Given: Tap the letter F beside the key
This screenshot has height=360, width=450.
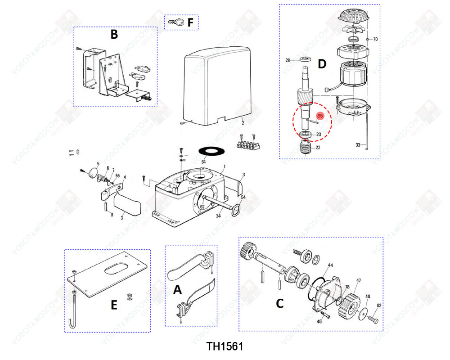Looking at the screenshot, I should (x=190, y=22).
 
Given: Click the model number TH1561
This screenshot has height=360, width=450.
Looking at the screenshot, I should (x=225, y=346).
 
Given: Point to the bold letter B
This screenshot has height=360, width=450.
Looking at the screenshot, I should (x=114, y=35).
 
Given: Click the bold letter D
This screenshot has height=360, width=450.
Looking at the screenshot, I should (x=321, y=64).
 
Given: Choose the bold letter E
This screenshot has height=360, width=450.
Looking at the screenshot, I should (x=114, y=306).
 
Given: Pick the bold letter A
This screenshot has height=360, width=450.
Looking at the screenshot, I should (x=178, y=290).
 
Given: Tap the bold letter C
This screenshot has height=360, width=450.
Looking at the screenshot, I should (x=280, y=304).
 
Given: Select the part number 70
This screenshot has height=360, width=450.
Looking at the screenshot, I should (x=375, y=40).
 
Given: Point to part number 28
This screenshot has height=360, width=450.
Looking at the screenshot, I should (x=288, y=60).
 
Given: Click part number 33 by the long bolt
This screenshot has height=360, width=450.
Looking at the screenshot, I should (x=358, y=145).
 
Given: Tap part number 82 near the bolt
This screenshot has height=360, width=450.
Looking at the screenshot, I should (x=379, y=306).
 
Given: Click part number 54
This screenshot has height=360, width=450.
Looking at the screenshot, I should (x=243, y=198).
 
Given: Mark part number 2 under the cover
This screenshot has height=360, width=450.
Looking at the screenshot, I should (x=243, y=122).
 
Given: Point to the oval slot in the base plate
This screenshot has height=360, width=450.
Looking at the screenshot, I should (x=117, y=270).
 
